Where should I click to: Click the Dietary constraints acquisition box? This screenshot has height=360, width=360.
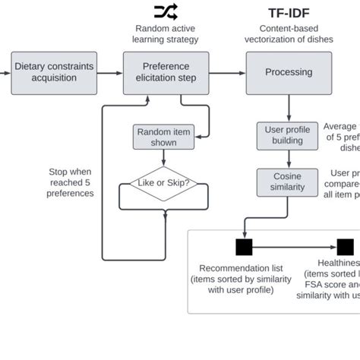[54, 73]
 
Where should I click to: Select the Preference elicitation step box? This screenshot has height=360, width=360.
[166, 73]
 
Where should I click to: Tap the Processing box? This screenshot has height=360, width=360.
[288, 73]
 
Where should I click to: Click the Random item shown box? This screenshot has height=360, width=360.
[163, 137]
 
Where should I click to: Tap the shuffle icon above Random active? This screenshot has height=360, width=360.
[166, 11]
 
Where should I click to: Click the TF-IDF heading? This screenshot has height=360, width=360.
[289, 13]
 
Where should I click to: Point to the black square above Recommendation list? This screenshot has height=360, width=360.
[244, 247]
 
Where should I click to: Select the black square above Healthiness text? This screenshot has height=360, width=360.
[345, 247]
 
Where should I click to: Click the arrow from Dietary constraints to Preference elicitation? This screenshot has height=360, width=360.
[109, 73]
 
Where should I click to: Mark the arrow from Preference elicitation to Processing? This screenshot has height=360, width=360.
[227, 73]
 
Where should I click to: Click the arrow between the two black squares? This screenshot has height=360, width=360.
[295, 247]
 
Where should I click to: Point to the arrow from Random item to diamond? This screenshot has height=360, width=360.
[164, 158]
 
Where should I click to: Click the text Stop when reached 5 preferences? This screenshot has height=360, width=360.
[71, 182]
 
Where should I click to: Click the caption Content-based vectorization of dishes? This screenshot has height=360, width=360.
[289, 34]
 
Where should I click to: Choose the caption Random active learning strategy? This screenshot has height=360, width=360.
[166, 34]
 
